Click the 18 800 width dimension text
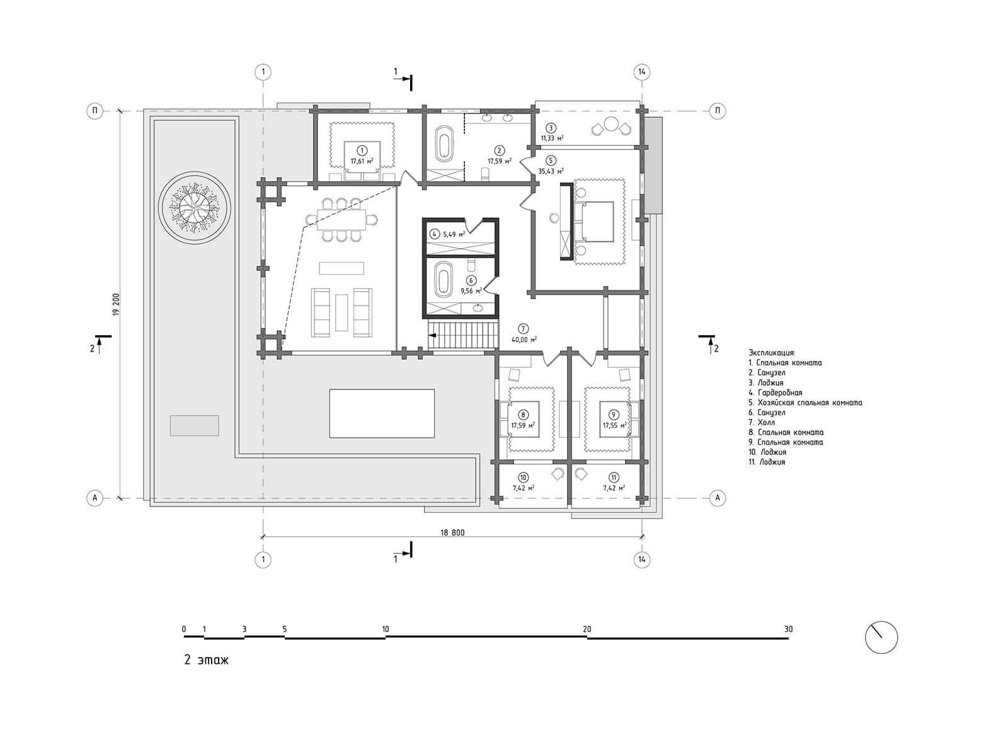tap(452, 532)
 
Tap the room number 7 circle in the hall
tap(523, 329)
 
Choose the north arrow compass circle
tap(881, 638)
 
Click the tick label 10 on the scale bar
tap(386, 629)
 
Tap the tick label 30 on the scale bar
tap(789, 629)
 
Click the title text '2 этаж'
tap(207, 660)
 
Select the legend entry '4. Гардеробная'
tap(776, 393)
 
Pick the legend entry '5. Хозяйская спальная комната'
tap(805, 403)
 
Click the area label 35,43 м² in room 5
tap(551, 171)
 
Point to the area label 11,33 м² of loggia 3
tap(552, 138)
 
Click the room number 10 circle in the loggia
tap(523, 478)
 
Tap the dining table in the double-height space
tap(341, 220)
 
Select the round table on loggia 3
tap(612, 124)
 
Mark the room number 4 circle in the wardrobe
tap(435, 234)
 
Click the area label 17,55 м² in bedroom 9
tap(615, 425)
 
